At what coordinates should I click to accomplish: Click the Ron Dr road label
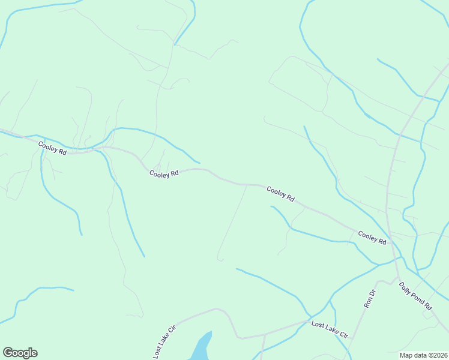[370, 299]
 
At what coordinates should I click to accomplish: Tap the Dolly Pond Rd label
[415, 296]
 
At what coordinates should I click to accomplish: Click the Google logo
[20, 353]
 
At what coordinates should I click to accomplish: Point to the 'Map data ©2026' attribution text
[423, 355]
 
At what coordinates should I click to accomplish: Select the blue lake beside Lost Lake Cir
[201, 348]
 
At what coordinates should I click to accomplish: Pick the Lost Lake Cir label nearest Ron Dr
[330, 329]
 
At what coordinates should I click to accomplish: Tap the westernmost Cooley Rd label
[52, 148]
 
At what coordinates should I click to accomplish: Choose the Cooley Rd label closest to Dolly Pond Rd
[372, 237]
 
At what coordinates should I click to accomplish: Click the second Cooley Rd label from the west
[164, 173]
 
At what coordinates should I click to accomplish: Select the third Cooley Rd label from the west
[280, 194]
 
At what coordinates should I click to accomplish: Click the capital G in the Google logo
[8, 353]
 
